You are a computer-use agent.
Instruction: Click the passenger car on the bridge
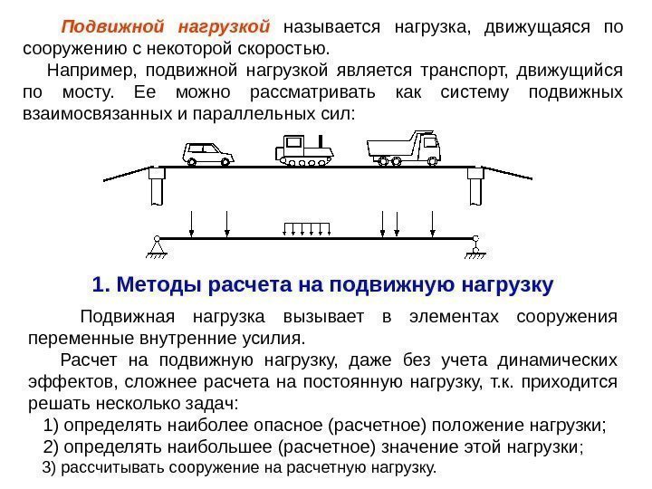[x=208, y=154]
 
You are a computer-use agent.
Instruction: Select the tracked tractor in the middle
[x=305, y=149]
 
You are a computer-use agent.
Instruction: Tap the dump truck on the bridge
[x=403, y=148]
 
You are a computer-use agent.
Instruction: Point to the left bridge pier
[x=157, y=187]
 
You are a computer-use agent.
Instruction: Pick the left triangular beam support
[x=157, y=245]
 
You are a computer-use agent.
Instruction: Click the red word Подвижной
[x=108, y=27]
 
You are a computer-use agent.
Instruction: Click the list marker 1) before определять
[x=53, y=425]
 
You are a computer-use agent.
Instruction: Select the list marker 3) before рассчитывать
[x=51, y=468]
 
